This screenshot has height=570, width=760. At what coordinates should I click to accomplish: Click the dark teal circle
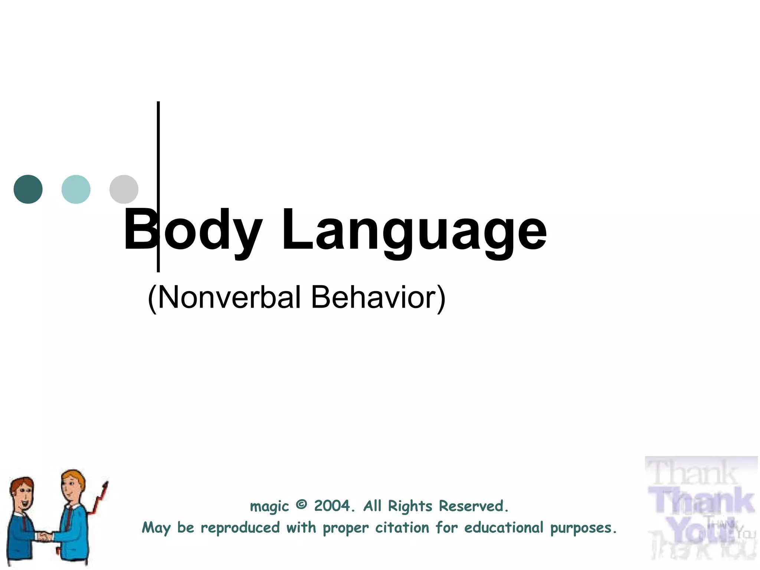[28, 189]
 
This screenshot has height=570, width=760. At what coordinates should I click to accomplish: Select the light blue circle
[76, 189]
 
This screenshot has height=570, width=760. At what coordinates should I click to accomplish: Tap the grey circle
[124, 189]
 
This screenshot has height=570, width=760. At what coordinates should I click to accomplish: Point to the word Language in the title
[414, 232]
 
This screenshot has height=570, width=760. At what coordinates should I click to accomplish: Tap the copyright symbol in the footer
[302, 505]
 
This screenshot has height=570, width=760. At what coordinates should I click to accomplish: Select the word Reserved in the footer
[473, 506]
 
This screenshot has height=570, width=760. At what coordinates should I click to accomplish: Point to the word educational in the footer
[504, 528]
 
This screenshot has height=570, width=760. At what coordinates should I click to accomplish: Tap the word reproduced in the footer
[240, 528]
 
